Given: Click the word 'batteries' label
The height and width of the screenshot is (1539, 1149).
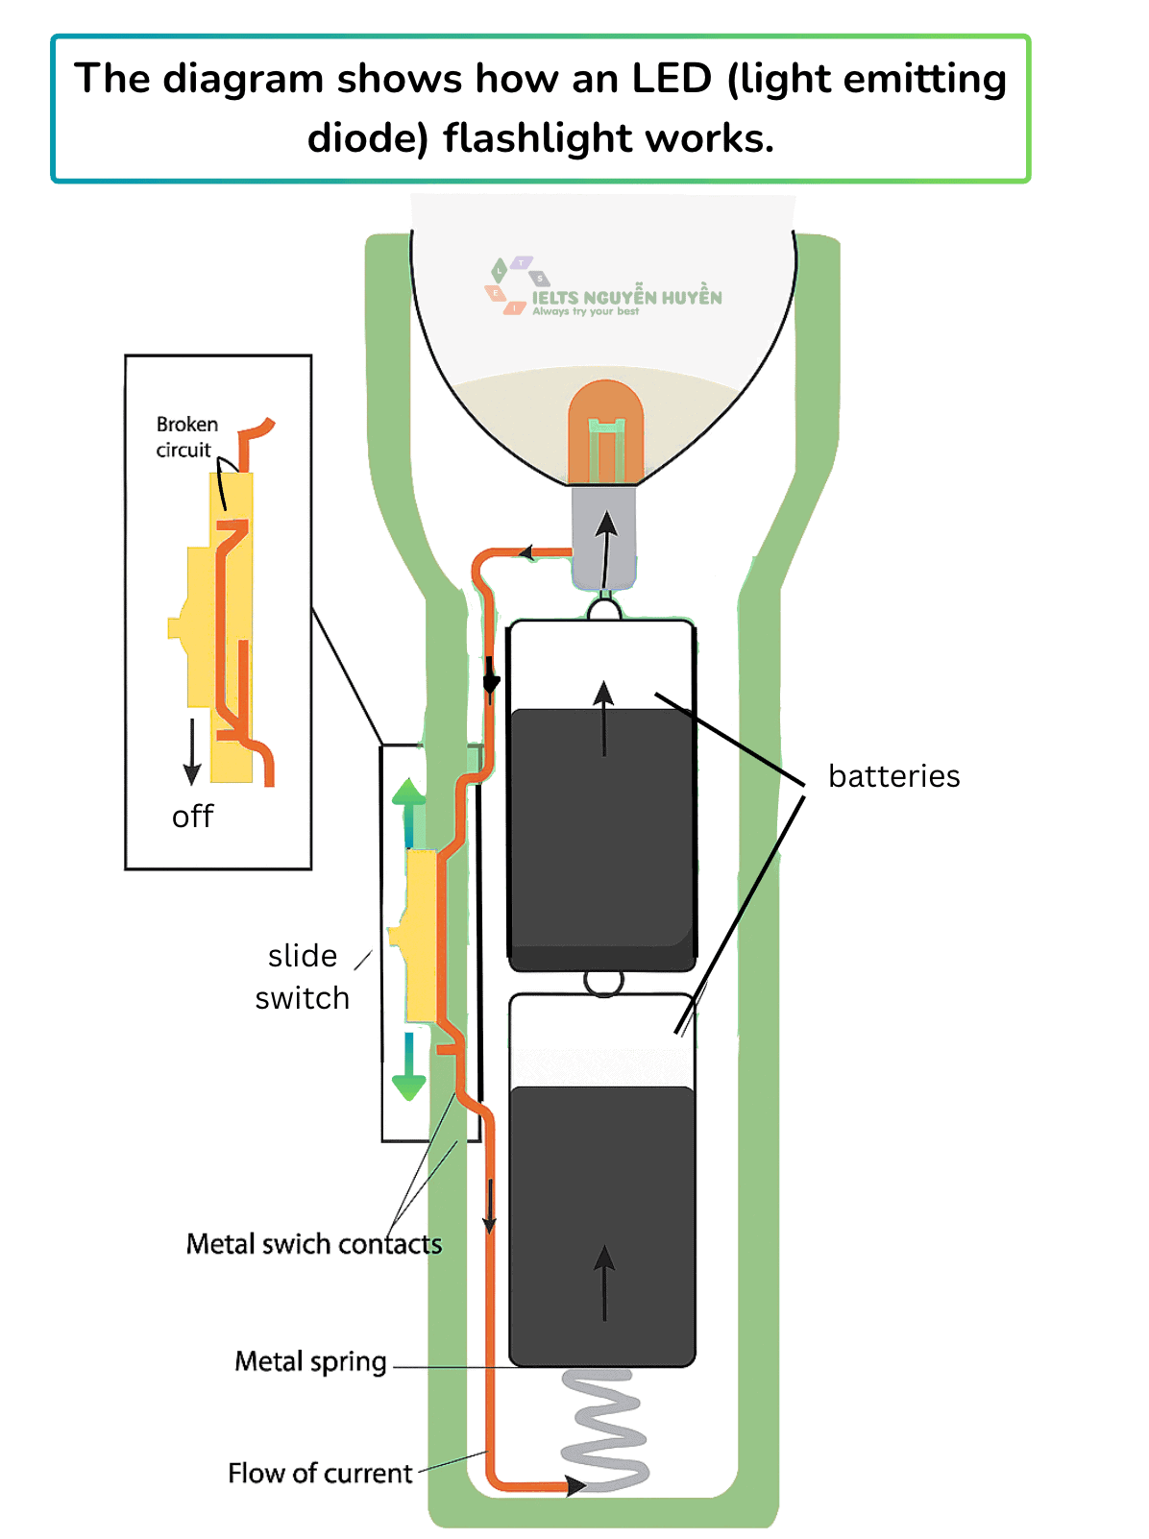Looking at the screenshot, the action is [x=893, y=775].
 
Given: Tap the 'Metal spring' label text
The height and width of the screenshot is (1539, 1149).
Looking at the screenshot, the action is [x=310, y=1361].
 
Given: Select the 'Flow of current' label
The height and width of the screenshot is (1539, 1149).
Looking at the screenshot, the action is [x=320, y=1473].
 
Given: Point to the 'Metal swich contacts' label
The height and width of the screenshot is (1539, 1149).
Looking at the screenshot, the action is [x=313, y=1244].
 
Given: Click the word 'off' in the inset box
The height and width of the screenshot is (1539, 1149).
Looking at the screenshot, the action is [x=192, y=817].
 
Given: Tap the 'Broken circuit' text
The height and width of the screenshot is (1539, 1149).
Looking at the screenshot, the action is [x=186, y=436].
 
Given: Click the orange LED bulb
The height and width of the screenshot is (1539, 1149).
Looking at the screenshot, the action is [x=605, y=432].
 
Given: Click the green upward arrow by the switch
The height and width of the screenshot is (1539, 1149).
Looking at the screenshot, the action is [x=408, y=813].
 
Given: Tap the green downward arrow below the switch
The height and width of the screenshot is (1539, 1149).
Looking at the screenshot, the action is [x=408, y=1065].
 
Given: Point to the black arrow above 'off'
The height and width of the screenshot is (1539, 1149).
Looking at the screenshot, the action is [x=191, y=751].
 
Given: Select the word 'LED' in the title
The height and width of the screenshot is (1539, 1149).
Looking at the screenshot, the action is [x=671, y=78].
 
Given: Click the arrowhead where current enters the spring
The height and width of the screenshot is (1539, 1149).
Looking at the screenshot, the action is [x=575, y=1485].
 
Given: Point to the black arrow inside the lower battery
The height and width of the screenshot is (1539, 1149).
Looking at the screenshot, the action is [x=604, y=1282].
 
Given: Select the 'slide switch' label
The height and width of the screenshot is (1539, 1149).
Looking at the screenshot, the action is [x=303, y=977].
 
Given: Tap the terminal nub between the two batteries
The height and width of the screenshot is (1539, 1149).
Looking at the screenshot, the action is [x=603, y=983].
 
